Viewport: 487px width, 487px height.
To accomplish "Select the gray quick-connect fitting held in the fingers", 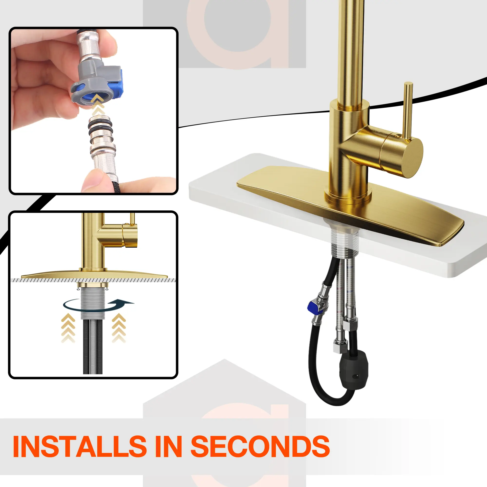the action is coord(97,81).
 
